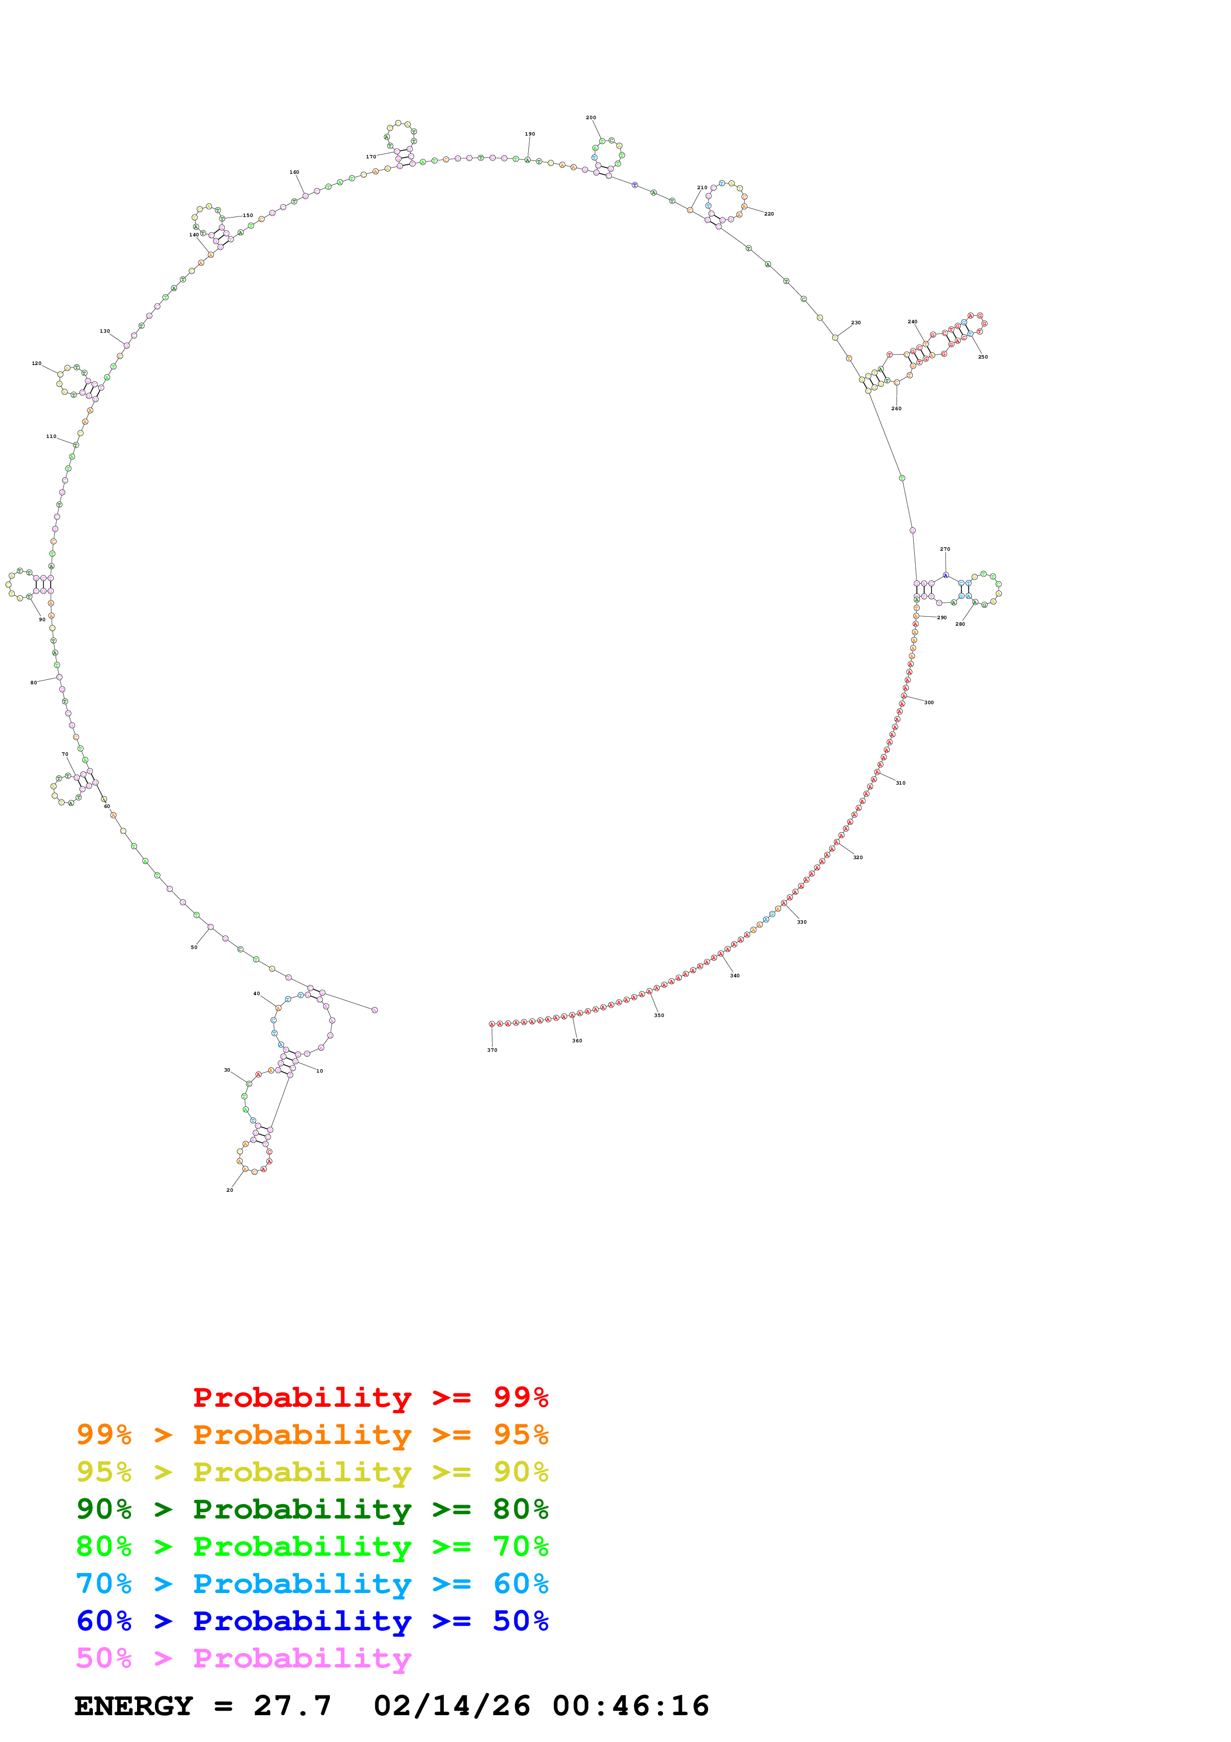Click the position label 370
[x=492, y=1050]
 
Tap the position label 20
[x=230, y=1190]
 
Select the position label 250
[x=983, y=357]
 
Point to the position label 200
[x=591, y=118]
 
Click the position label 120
[x=36, y=363]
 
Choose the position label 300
[x=929, y=703]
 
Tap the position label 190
[x=530, y=134]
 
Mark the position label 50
[x=194, y=947]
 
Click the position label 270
[x=945, y=549]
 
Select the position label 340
[x=735, y=976]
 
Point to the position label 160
[x=294, y=172]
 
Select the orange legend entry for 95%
[x=312, y=1435]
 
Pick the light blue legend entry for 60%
[x=312, y=1584]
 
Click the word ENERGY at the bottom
[x=134, y=1706]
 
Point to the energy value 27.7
[x=293, y=1706]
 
